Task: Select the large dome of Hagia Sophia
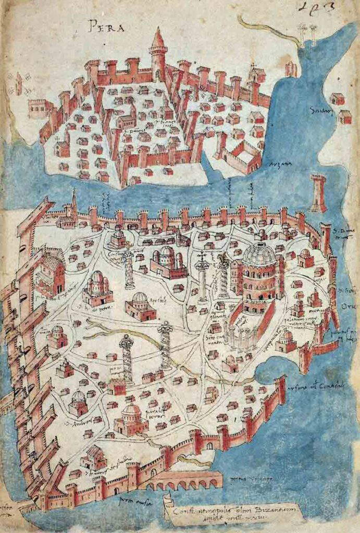coord(259,255)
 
